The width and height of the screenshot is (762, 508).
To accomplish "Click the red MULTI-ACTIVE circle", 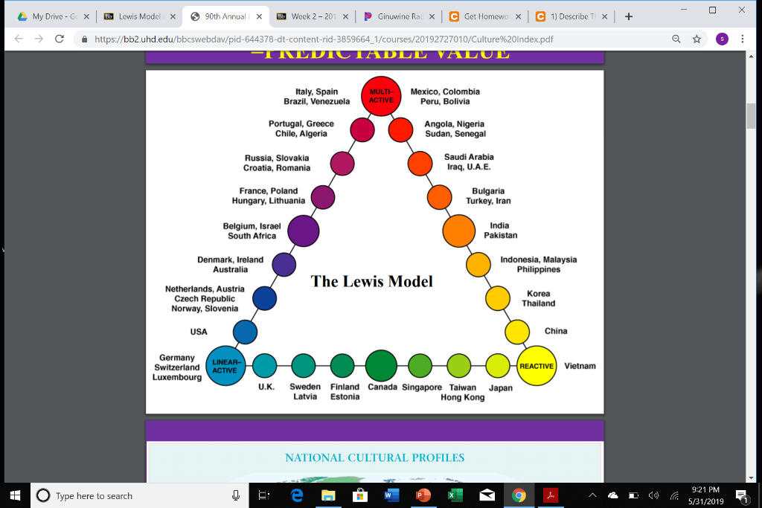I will point(381,96).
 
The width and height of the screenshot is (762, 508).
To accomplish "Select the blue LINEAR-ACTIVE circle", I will point(225,366).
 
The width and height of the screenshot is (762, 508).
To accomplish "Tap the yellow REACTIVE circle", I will point(537,366).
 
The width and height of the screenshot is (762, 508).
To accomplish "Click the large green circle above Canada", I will point(381,365).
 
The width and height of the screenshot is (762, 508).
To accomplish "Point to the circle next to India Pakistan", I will point(458,230).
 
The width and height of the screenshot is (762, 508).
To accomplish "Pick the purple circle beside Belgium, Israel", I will point(303,231).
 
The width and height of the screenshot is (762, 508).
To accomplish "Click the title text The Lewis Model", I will point(371,281).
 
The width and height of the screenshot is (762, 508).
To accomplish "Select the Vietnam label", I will point(580,366).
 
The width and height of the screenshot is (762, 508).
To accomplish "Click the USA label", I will point(199,332).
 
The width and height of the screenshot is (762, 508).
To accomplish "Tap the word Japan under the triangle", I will point(500,388).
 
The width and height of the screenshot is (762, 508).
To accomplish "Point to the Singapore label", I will point(422,388).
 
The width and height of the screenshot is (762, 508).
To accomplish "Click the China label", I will point(556,331).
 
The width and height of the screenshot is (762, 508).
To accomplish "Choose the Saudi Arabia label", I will point(469,157).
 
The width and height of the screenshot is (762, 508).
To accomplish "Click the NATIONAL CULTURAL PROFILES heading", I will point(374,457).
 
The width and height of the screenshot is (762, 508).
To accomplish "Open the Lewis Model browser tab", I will point(138,16).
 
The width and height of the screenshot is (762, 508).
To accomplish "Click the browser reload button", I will point(60,39).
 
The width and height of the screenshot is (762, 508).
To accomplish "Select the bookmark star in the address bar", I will point(697,39).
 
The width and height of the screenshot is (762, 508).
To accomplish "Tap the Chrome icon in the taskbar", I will point(519,495).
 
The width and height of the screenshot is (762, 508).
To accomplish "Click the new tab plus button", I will point(629,16).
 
